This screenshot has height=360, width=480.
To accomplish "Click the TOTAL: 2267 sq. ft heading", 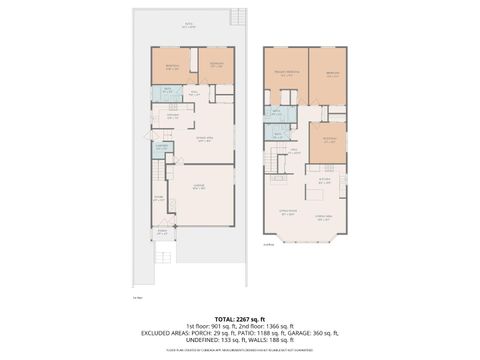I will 240,317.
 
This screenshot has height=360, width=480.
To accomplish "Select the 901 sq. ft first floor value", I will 205,325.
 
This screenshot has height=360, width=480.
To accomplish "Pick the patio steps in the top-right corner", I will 237,16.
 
